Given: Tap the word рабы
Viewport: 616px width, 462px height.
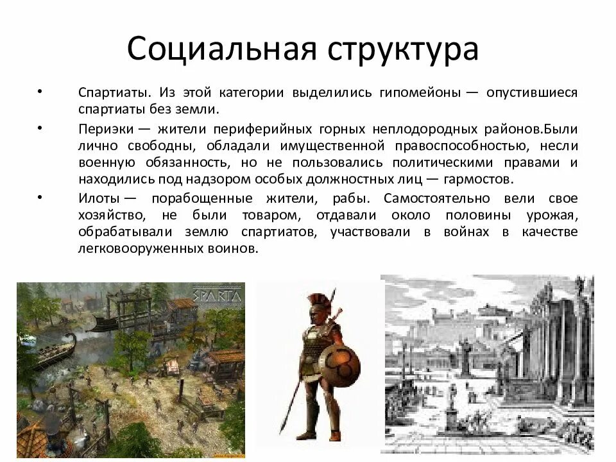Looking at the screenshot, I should coord(350,198).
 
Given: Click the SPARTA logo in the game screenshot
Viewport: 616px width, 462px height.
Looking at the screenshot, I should coord(217,297).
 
